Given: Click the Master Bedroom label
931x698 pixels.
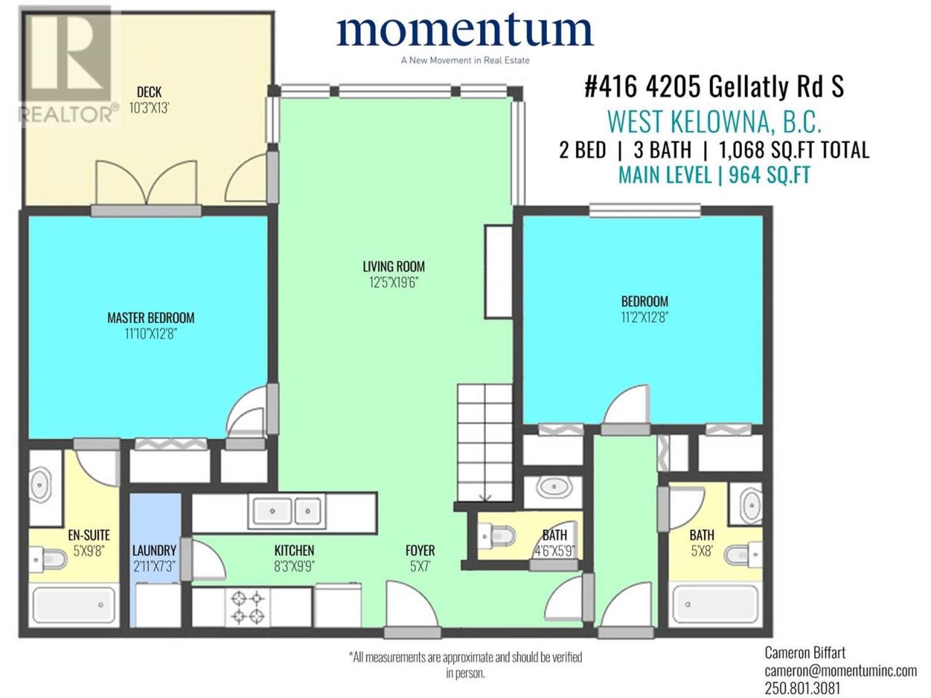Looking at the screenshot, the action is point(151,318).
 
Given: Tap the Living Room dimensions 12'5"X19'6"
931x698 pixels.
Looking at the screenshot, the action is point(393,283).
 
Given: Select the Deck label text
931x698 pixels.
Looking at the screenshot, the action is point(149,92).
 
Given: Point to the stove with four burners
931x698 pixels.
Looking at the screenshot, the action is point(248,606).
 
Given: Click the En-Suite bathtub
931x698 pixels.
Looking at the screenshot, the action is point(75,604).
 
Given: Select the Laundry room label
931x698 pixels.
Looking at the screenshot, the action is point(154,550).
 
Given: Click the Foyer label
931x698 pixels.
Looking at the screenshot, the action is point(420,550).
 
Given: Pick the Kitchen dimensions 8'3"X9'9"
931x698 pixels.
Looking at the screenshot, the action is point(295,566).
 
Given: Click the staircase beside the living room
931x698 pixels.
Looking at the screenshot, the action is point(485,443).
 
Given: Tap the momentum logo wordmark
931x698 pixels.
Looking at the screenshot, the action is point(465,30).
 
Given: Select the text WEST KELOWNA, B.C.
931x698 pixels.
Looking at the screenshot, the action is point(714,121).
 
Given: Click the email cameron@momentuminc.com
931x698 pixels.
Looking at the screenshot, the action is point(840,671).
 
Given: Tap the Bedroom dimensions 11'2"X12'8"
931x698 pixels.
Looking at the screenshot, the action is point(644,318).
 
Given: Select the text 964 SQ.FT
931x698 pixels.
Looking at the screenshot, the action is point(770,175).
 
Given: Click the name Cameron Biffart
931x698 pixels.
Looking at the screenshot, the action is point(805,653).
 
